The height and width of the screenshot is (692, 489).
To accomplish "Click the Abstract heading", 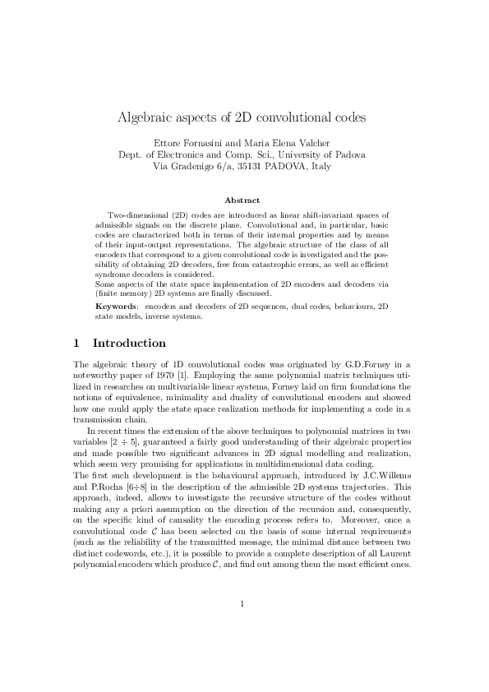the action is coord(242,200).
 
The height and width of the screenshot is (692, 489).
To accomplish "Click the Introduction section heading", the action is coord(130,343).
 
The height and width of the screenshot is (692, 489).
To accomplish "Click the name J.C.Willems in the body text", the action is coord(390,476).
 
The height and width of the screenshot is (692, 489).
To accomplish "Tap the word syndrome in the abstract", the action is coord(113,274).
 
